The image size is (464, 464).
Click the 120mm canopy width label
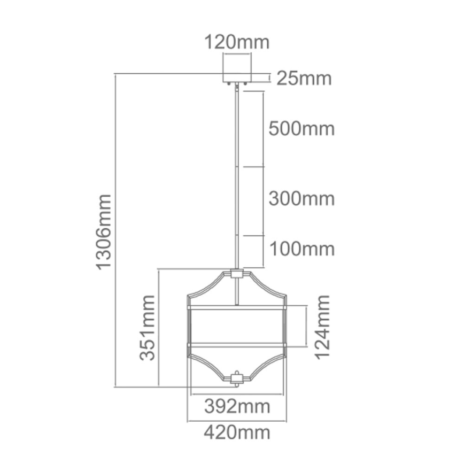click(x=236, y=42)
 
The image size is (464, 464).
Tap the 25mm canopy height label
click(x=304, y=79)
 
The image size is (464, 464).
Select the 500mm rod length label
click(x=301, y=129)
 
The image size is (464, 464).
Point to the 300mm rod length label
click(x=301, y=199)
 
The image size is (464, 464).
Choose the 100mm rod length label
click(x=301, y=249)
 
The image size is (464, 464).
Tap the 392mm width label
click(x=237, y=407)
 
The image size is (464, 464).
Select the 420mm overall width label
click(x=237, y=432)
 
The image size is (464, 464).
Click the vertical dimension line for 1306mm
click(x=116, y=231)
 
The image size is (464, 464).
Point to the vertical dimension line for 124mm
click(x=306, y=327)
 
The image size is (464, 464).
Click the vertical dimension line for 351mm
click(x=159, y=328)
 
